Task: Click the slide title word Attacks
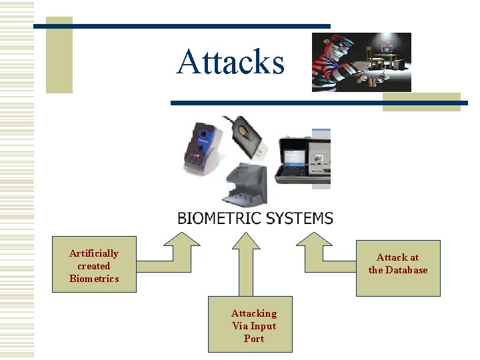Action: [230, 62]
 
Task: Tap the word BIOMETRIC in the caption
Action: [219, 217]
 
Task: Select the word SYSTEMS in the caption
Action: [298, 217]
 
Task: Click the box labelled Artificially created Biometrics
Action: [94, 265]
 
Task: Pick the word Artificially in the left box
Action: [94, 253]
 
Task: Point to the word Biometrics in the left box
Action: [94, 279]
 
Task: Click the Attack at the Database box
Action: [398, 267]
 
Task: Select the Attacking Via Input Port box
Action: [250, 325]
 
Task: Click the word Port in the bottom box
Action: [254, 339]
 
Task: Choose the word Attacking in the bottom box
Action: [254, 313]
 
